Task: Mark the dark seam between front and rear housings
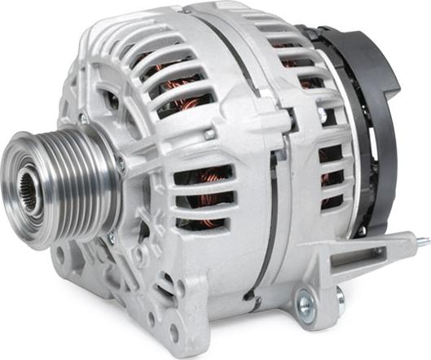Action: [269, 187]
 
